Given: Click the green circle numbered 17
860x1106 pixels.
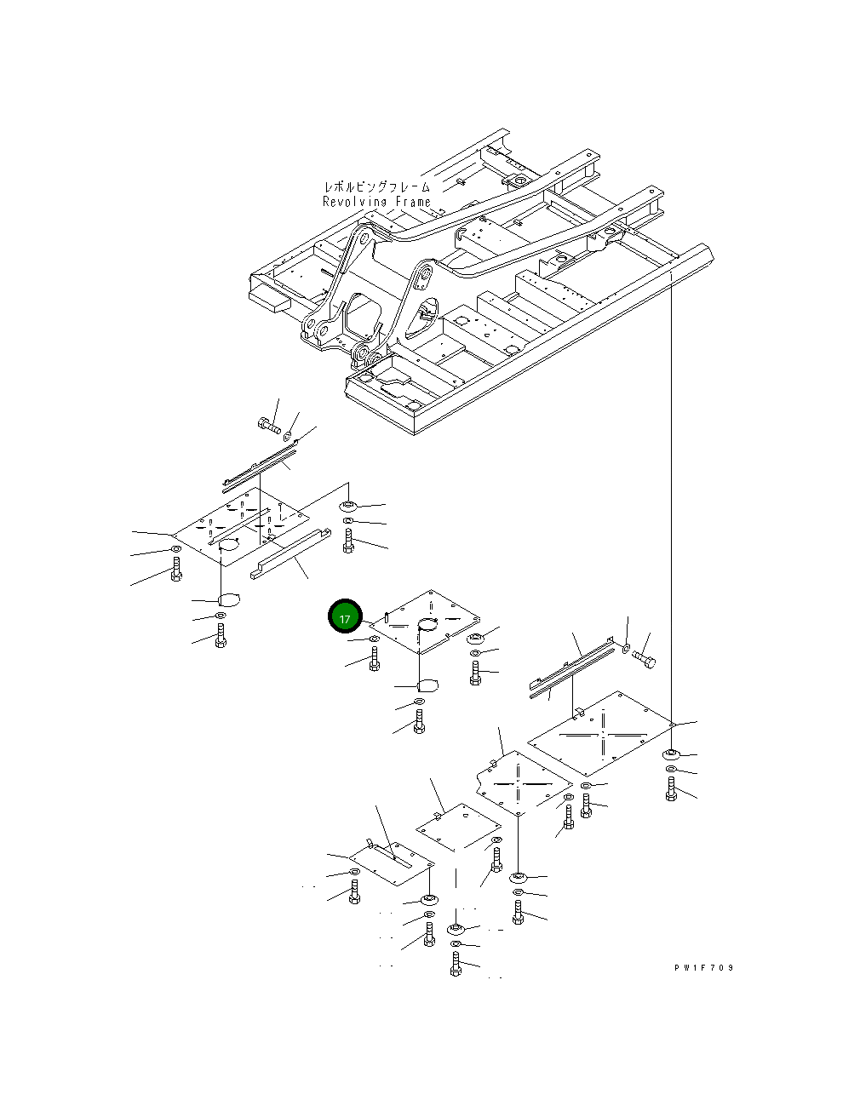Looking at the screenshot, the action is pos(345,618).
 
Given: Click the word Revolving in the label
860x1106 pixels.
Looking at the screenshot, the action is pos(355,202).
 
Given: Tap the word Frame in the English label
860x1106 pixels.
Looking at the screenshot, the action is pos(413,202).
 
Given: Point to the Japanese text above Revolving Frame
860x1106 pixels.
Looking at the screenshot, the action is pos(377,186).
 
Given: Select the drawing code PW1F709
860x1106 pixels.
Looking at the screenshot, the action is pos(704,967).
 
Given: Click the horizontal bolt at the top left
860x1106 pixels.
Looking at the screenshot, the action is pos(269,425).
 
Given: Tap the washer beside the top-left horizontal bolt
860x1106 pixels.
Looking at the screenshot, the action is pos(288,436).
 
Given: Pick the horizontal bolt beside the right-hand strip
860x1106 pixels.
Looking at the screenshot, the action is pos(645,660).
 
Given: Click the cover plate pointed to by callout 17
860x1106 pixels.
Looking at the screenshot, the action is pos(424,621).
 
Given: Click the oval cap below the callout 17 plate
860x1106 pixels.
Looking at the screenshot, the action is pos(427,685).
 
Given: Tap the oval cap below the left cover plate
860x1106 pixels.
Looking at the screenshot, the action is pos(229,600).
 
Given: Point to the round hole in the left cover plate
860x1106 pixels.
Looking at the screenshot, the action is pos(229,543).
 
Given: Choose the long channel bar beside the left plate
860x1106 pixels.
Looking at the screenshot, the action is pos(290,553).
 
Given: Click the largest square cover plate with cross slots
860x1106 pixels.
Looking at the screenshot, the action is pos(602,734).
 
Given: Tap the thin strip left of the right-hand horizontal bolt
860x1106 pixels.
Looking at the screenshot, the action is pos(572,668).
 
